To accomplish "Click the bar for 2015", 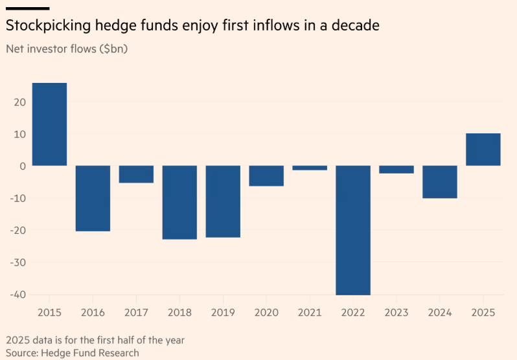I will click(49, 124).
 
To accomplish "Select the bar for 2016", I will click(93, 198).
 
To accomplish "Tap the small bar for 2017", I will click(136, 174).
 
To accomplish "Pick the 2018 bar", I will click(179, 202).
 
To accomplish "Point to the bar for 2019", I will click(223, 201).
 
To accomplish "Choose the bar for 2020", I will click(266, 176).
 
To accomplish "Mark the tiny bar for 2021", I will click(310, 168).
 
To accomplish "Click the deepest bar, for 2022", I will click(353, 230).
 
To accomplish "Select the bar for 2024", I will click(440, 182).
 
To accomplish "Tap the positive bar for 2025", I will click(483, 150).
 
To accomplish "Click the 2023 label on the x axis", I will click(396, 313).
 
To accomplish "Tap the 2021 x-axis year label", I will click(310, 313).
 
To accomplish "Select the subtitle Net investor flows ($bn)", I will click(67, 49).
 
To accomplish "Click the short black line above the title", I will click(27, 8).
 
